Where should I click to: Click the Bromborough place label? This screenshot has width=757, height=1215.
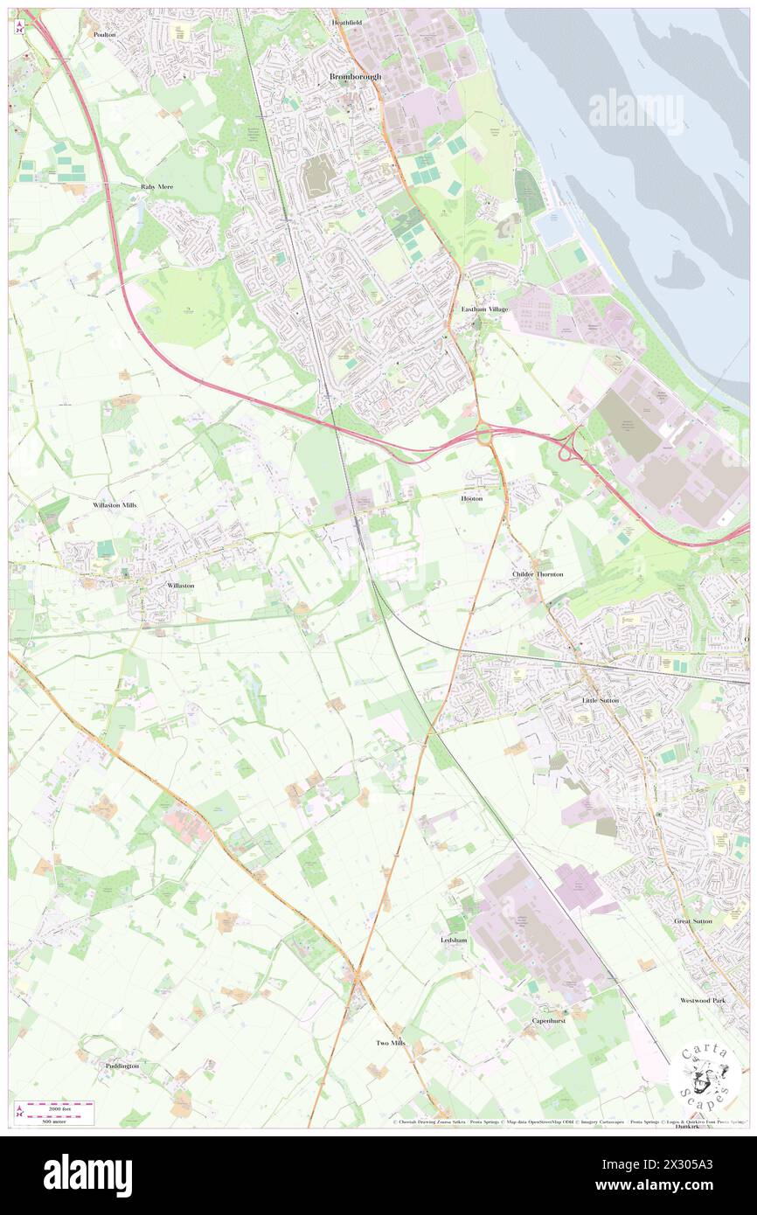click(x=355, y=77)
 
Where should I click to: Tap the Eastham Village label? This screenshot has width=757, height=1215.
click(x=484, y=309)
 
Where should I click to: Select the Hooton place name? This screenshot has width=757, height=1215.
click(x=472, y=497)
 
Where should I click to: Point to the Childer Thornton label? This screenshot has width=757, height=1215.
click(x=538, y=573)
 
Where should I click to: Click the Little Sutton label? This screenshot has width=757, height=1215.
click(x=601, y=701)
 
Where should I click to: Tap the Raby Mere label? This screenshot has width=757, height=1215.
click(x=158, y=187)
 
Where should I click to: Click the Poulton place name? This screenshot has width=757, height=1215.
click(x=105, y=34)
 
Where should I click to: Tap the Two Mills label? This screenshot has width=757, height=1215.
click(x=391, y=1043)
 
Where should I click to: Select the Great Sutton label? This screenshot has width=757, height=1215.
click(x=692, y=921)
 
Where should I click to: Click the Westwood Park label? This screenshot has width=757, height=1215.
click(x=703, y=1000)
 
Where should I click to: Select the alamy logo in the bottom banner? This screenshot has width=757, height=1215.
click(x=87, y=1176)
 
